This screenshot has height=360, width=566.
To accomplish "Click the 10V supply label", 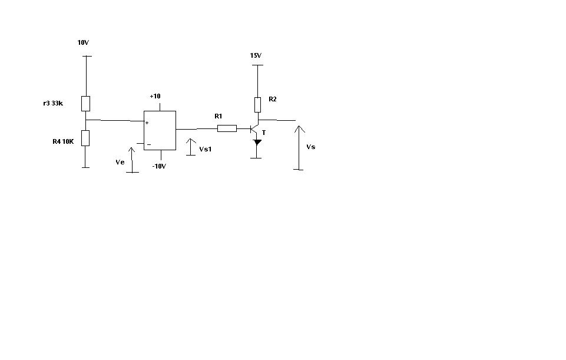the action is coord(83,43).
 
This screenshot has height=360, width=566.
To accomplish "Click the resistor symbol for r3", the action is coord(86,104).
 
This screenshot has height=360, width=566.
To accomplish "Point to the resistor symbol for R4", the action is coord(86,138).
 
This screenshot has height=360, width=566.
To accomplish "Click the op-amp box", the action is coord(160,129).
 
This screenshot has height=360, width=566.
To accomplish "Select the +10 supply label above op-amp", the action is coord(155,96).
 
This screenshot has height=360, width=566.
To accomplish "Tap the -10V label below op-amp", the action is coord(159,166).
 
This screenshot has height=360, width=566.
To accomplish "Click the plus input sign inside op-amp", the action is coord(147,123).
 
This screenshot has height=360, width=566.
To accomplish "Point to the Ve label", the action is coord(120,161).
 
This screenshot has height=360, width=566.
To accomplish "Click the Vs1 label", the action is coord(205,150).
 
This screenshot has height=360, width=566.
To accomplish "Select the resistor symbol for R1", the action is coord(227,128).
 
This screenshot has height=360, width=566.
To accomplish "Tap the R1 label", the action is coord(219,115).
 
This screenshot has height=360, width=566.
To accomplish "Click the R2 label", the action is coord(272,100).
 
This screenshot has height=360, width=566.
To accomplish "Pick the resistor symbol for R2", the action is coord(257,105).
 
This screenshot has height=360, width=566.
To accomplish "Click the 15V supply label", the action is coord(256,55).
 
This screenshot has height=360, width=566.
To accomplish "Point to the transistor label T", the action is coord(264,133).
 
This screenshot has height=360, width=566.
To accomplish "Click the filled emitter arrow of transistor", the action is coord(257,142).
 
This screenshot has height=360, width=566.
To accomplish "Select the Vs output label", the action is coord(311,147).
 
